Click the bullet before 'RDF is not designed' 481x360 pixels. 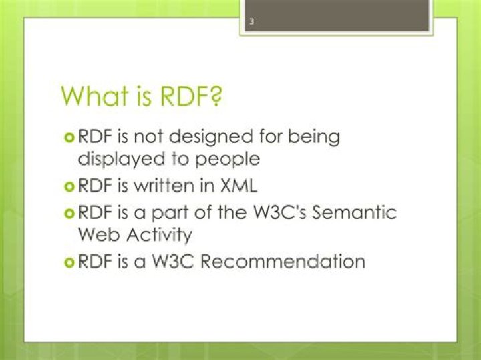point(69,137)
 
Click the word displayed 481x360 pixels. point(113,159)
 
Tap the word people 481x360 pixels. point(226,160)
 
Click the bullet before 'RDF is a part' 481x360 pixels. point(69,212)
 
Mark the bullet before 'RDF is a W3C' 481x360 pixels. point(69,261)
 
